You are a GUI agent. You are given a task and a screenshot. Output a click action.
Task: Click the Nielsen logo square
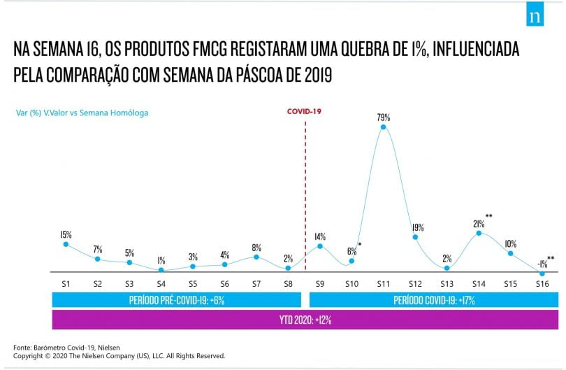[x=535, y=14]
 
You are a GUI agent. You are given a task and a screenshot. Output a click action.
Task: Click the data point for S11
[x=384, y=127]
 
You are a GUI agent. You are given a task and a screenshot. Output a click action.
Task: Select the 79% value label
[x=384, y=117]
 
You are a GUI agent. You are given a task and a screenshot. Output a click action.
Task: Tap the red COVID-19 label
[x=304, y=111]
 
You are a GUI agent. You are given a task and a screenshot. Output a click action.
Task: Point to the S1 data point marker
[x=66, y=244]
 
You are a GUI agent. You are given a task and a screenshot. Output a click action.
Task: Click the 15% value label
[x=66, y=234]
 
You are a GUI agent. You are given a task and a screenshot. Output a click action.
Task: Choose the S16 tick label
[x=542, y=284]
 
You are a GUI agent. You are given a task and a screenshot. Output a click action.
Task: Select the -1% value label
[x=542, y=264]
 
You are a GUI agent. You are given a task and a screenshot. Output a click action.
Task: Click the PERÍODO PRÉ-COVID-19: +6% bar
[x=177, y=300]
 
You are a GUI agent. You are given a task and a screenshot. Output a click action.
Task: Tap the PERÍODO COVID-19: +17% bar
[x=434, y=300]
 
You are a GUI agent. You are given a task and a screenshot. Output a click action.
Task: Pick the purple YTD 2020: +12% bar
[x=305, y=320]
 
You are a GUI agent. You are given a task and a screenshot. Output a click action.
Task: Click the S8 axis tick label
[x=288, y=284]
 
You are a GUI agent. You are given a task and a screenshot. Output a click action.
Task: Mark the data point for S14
[x=479, y=233]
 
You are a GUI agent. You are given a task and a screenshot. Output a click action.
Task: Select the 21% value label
[x=479, y=224]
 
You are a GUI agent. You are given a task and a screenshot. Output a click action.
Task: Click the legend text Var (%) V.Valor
[x=42, y=113]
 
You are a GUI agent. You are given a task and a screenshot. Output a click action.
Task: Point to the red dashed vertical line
[x=305, y=195]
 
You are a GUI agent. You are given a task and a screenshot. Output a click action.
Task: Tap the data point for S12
[x=415, y=237]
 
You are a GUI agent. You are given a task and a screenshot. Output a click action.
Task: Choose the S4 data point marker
[x=161, y=270]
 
